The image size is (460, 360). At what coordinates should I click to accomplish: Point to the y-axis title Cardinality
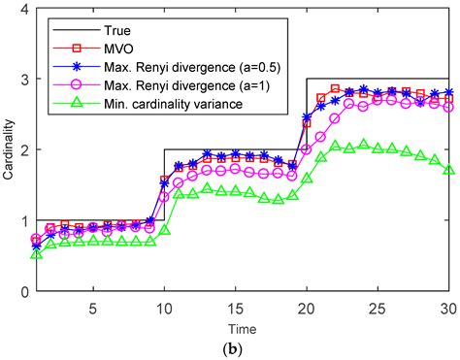(9, 149)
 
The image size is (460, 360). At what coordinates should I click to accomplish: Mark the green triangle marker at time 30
(449, 171)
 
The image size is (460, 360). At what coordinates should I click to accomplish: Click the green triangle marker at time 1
(37, 253)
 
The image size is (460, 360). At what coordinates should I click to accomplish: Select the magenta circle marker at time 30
(449, 108)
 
